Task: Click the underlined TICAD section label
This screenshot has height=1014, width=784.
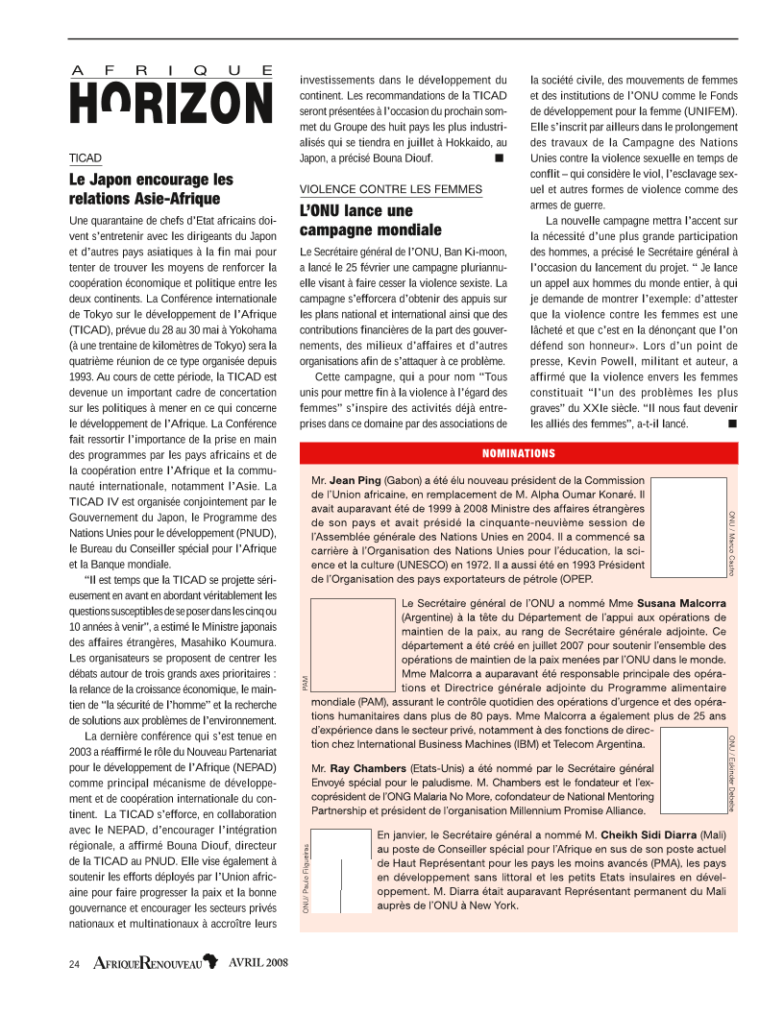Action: (x=85, y=157)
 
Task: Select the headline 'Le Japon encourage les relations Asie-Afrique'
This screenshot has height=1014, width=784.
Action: (x=151, y=189)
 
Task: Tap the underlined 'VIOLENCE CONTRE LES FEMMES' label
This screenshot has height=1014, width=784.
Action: (x=391, y=189)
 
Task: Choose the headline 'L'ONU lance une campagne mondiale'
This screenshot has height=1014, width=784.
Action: (x=370, y=220)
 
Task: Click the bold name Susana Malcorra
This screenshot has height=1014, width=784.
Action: (x=688, y=603)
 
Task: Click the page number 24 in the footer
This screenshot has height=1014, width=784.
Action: (x=74, y=963)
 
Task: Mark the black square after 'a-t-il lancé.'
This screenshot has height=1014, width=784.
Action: (x=732, y=422)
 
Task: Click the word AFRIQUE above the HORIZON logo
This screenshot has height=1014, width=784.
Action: (x=172, y=70)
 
